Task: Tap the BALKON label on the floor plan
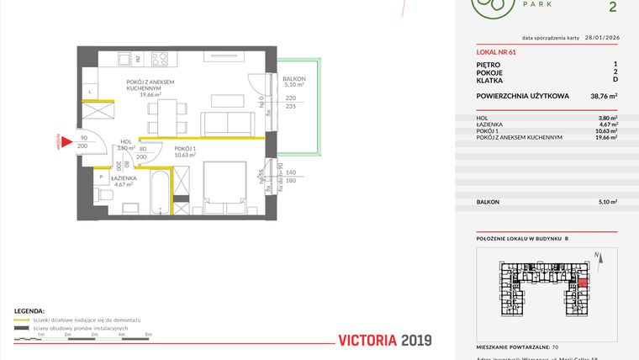coord(295,77)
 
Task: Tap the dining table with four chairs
coord(169,114)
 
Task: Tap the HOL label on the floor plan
coord(125,142)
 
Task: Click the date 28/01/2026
coord(597,38)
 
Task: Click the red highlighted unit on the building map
coord(582,282)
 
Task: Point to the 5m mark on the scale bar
coord(149,335)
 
